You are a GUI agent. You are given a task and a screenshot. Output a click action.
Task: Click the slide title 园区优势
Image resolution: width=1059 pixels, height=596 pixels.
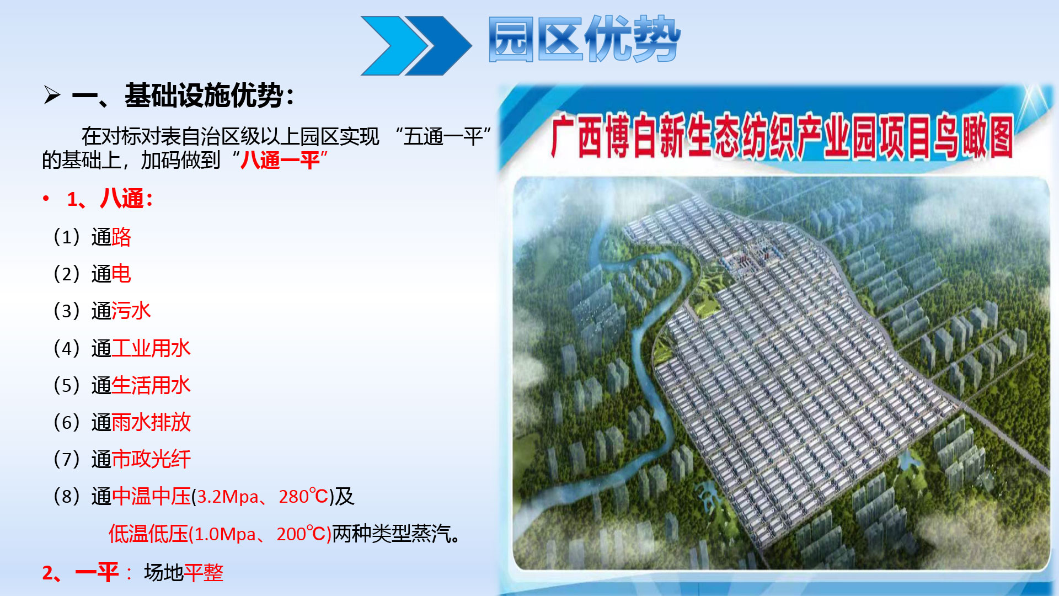pyautogui.click(x=585, y=39)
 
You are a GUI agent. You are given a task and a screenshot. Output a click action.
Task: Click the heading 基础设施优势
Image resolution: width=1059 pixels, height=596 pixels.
pyautogui.click(x=204, y=95)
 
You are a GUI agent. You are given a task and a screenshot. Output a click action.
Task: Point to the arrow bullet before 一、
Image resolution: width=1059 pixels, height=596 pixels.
pyautogui.click(x=52, y=95)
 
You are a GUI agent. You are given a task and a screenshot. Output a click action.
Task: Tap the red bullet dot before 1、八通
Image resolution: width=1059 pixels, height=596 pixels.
pyautogui.click(x=46, y=198)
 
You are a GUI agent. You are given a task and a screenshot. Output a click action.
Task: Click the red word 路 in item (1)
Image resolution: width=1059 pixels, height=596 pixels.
pyautogui.click(x=121, y=237)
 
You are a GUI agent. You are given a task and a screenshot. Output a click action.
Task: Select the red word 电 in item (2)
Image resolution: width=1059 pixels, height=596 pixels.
pyautogui.click(x=121, y=274)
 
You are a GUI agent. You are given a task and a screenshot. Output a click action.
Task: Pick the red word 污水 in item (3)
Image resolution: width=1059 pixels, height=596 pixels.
pyautogui.click(x=131, y=311)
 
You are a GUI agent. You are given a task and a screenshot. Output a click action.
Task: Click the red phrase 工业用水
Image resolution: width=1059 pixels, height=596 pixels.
pyautogui.click(x=151, y=348)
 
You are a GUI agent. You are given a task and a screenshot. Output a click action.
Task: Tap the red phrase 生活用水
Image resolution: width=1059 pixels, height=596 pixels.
pyautogui.click(x=151, y=385)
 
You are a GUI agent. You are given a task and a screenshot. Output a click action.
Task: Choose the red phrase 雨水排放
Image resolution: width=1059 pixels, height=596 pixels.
pyautogui.click(x=151, y=422)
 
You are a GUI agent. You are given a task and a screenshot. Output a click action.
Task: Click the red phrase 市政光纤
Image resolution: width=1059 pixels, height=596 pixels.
pyautogui.click(x=151, y=459)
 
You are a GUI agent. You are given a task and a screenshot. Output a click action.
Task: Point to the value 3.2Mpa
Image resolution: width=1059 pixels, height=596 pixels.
pyautogui.click(x=227, y=497)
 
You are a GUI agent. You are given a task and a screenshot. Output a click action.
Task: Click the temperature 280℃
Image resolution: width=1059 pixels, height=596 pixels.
pyautogui.click(x=303, y=497)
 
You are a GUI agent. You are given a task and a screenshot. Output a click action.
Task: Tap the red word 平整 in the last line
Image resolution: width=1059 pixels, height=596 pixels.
pyautogui.click(x=204, y=573)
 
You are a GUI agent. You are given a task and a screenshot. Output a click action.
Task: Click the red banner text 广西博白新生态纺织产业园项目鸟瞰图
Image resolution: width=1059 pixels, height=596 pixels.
pyautogui.click(x=782, y=136)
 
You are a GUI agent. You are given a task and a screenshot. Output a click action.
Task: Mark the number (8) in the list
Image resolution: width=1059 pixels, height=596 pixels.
pyautogui.click(x=67, y=497)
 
